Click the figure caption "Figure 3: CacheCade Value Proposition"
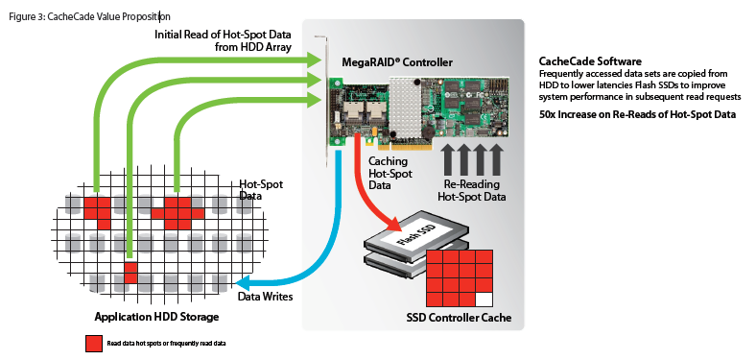coord(89,17)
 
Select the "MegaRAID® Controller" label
coord(397,61)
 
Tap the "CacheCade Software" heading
coord(590,61)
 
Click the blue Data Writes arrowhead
coord(247,282)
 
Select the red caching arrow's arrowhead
coord(392,223)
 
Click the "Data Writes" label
coord(265,297)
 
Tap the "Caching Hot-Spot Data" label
coord(390,173)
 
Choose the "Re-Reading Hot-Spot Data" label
coord(471,191)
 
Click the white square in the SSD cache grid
coord(484,300)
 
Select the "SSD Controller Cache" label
coord(459,318)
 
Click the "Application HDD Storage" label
coord(156,317)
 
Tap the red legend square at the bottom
coord(93,344)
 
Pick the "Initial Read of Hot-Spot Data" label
coord(223,35)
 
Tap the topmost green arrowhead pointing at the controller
coord(314,60)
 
